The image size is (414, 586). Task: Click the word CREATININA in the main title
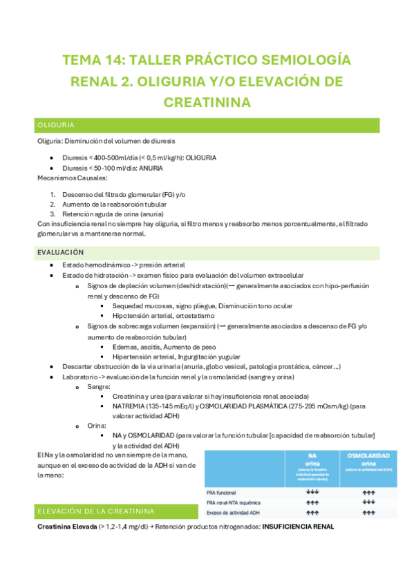click(207, 102)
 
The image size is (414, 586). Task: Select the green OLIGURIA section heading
click(57, 125)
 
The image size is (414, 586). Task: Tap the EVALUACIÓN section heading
click(60, 253)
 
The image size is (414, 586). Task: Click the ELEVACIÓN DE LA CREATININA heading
click(95, 511)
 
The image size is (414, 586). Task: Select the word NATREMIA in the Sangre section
click(132, 408)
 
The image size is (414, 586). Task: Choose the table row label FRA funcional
click(223, 493)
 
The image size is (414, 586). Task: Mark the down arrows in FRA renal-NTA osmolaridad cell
click(368, 502)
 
